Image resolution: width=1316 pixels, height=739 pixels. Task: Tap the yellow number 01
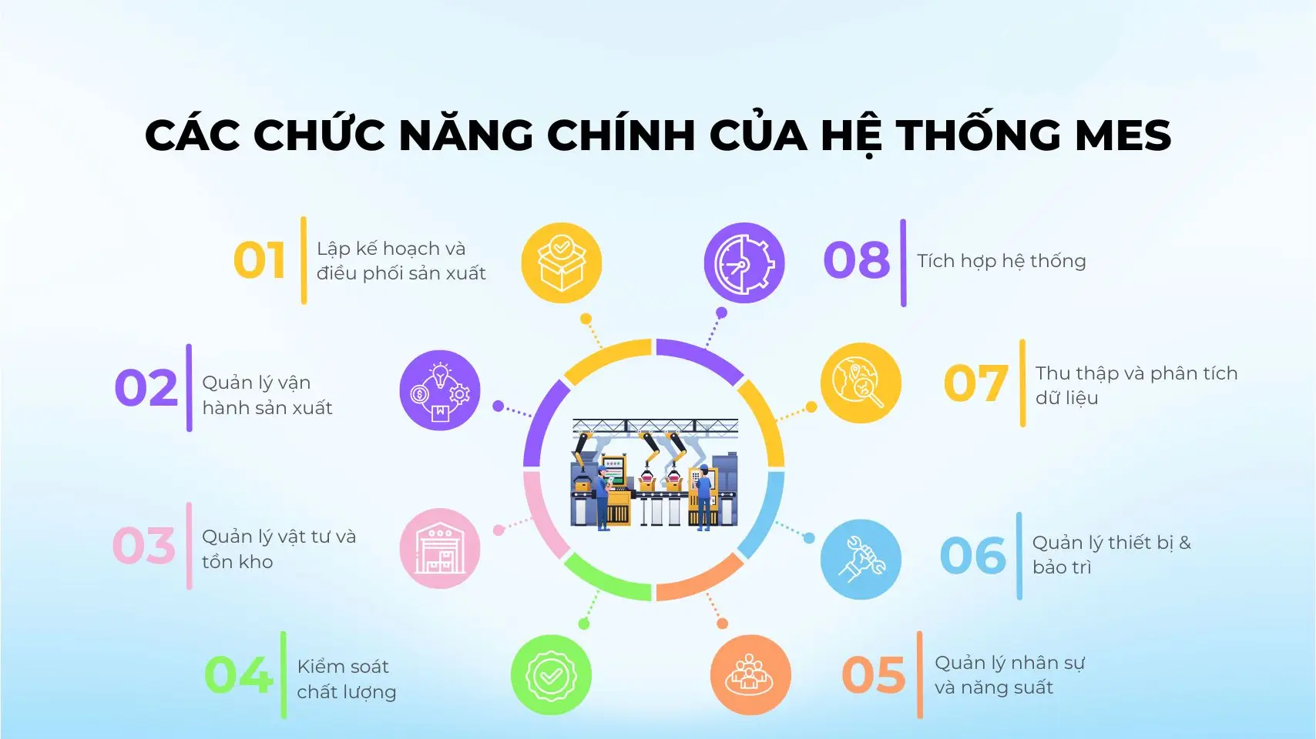click(259, 260)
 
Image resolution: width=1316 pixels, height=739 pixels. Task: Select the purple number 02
click(146, 387)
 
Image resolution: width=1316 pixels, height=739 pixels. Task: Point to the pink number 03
click(144, 546)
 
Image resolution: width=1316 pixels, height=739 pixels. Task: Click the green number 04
click(239, 675)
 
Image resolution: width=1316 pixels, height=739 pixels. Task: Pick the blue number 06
click(973, 555)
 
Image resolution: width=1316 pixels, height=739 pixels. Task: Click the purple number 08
click(857, 259)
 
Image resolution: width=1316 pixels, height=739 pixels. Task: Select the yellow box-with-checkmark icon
click(562, 263)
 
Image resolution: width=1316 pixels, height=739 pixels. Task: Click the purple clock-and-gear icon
click(744, 263)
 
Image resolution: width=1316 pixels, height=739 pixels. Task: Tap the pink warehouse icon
click(440, 548)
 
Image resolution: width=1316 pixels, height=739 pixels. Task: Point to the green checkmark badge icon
click(551, 675)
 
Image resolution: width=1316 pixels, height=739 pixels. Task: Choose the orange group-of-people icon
click(750, 675)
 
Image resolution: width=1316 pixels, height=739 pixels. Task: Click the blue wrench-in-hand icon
click(861, 559)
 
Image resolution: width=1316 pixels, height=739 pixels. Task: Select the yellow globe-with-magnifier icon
click(861, 383)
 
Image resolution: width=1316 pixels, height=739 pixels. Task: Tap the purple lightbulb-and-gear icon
click(440, 390)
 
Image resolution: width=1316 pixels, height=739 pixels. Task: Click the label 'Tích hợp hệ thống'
click(1002, 261)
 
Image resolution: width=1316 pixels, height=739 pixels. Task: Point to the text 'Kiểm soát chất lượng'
click(347, 679)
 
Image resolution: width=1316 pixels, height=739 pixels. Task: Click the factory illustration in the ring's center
click(655, 474)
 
